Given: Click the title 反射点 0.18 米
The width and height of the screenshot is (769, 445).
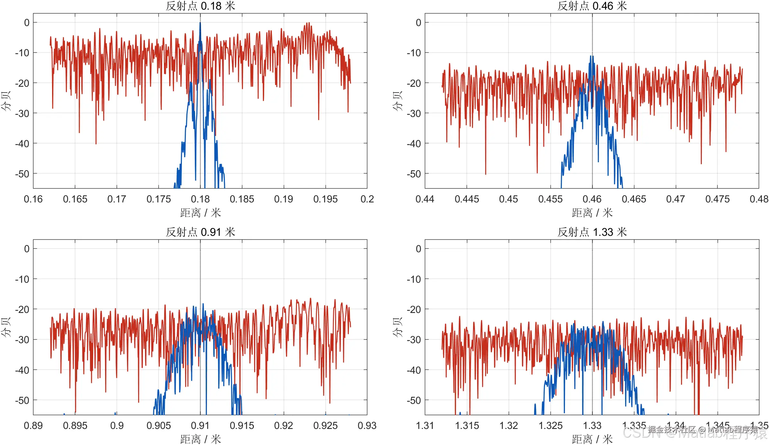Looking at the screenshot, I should click(x=200, y=6).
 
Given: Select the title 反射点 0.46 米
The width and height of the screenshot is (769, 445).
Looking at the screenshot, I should click(x=592, y=6).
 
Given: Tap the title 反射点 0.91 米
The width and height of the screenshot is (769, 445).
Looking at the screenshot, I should click(x=200, y=232).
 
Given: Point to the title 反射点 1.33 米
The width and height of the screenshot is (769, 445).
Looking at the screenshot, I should click(x=592, y=232).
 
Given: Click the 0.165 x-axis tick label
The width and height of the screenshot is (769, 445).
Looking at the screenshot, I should click(x=75, y=199).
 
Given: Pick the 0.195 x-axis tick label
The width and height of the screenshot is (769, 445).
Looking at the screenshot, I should click(x=325, y=199).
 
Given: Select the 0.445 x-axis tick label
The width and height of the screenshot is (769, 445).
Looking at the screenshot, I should click(x=467, y=199).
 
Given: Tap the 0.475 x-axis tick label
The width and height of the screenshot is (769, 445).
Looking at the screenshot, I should click(x=717, y=199).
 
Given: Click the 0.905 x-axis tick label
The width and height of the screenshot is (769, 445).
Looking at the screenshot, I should click(x=158, y=426).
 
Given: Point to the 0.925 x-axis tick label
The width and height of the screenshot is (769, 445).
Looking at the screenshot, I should click(x=325, y=426).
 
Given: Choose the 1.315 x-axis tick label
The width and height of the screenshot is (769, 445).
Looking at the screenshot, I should click(x=467, y=426).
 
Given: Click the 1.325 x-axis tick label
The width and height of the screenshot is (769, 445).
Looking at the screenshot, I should click(x=550, y=426).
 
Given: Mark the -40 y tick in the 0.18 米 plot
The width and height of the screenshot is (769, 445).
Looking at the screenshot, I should click(x=22, y=144).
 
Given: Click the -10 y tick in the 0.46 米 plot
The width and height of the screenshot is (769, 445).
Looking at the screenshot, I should click(x=414, y=53).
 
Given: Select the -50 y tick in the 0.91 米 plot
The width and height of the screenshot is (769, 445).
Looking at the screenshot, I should click(x=22, y=400).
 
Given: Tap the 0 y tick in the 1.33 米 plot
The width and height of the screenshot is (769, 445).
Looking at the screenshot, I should click(x=418, y=249).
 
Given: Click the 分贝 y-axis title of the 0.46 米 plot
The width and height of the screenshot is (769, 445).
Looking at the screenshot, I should click(x=398, y=101).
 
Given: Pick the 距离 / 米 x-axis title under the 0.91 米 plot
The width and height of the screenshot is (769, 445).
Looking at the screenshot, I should click(x=200, y=439).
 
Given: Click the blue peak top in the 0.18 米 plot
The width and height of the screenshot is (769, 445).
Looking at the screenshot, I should click(x=200, y=23).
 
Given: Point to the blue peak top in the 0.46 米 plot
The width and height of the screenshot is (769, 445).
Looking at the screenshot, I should click(x=591, y=56).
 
